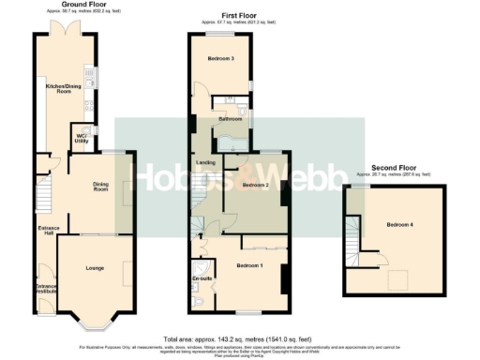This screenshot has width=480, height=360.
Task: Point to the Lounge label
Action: pos(94,269)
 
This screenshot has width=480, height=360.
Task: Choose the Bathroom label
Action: pos(232,119)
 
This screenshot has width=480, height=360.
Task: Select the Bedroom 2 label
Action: pos(255,186)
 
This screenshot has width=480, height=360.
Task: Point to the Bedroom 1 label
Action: pos(249,266)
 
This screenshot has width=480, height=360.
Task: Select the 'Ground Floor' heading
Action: pos(81,5)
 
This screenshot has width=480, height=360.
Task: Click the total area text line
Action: pos(240,337)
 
